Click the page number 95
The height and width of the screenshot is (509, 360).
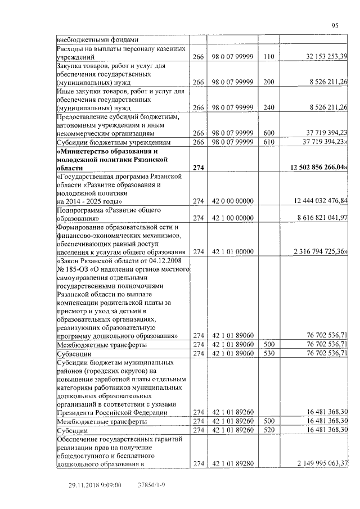(335, 25)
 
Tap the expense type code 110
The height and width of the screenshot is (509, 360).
(268, 57)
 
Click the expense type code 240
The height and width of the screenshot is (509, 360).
(268, 107)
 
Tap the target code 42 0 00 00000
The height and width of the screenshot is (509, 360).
(233, 201)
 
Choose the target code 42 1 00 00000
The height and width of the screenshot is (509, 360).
(233, 218)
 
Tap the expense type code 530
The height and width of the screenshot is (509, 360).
(268, 354)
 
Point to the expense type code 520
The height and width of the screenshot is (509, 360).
(268, 430)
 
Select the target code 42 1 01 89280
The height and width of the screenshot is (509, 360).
(233, 464)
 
